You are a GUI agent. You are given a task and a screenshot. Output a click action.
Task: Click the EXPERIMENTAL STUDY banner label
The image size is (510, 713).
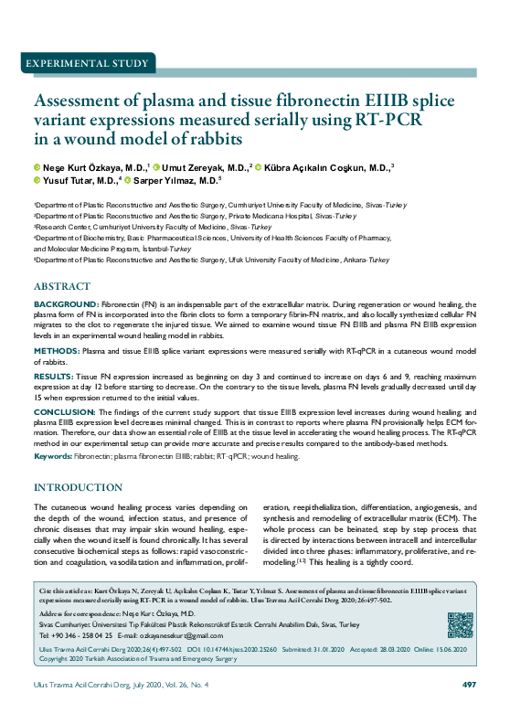88,64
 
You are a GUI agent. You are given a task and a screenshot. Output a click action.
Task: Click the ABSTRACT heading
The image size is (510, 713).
61,286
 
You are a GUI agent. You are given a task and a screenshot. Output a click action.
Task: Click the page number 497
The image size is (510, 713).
469,685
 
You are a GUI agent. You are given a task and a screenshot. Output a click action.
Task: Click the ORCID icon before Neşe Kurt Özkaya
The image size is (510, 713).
37,168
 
